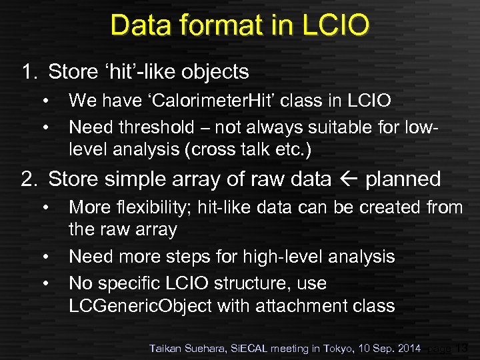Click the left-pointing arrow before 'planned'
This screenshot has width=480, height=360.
click(x=348, y=179)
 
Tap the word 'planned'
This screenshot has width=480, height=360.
click(x=403, y=179)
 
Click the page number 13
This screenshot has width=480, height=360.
click(x=461, y=347)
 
